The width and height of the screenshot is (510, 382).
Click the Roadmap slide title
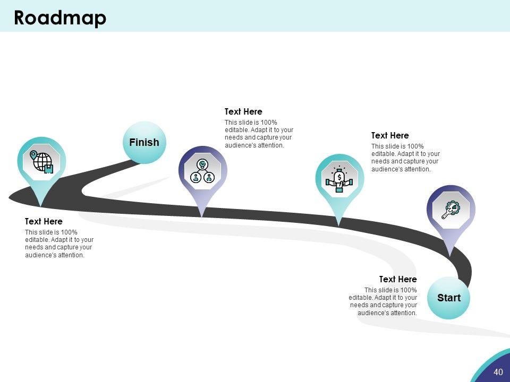(x=60, y=18)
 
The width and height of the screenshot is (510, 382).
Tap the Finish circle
(x=144, y=142)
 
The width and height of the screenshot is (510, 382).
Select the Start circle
(x=449, y=298)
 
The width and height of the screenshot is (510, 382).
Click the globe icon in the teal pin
(x=42, y=161)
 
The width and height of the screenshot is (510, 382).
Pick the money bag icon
(x=339, y=179)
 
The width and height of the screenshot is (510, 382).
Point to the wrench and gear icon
(x=451, y=210)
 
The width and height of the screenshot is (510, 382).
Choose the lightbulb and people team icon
(x=202, y=170)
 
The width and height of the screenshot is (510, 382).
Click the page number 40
(x=498, y=372)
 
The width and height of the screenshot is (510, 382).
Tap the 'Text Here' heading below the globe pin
(x=44, y=221)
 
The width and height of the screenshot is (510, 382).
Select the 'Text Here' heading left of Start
(x=398, y=279)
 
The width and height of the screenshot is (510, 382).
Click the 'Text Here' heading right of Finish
(x=243, y=111)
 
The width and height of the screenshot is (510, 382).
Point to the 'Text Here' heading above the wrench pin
(x=390, y=135)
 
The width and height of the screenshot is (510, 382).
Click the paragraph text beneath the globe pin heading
(x=59, y=244)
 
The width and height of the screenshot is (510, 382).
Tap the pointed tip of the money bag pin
(x=339, y=225)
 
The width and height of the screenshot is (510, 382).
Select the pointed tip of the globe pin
(x=41, y=206)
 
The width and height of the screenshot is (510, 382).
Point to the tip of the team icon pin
(x=202, y=216)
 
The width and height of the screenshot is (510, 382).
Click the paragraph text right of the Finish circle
(x=259, y=134)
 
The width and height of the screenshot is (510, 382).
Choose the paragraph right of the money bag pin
(x=405, y=158)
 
